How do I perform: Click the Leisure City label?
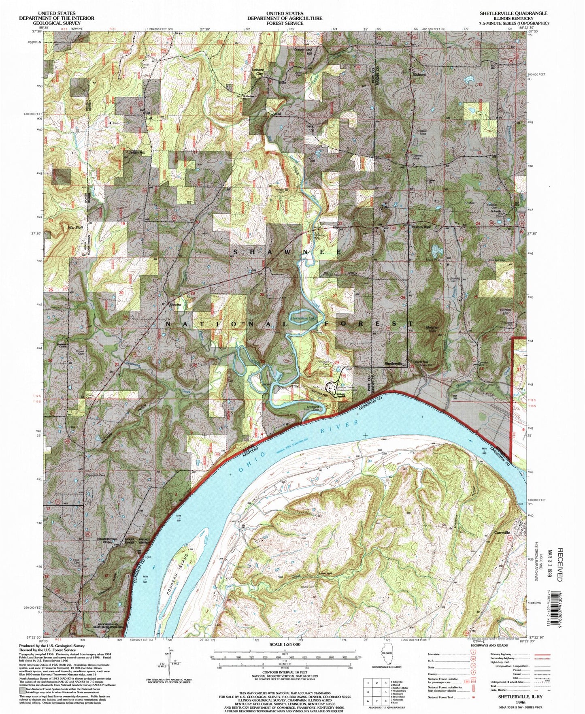point(258,72)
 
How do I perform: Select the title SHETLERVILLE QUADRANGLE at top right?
point(513,13)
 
